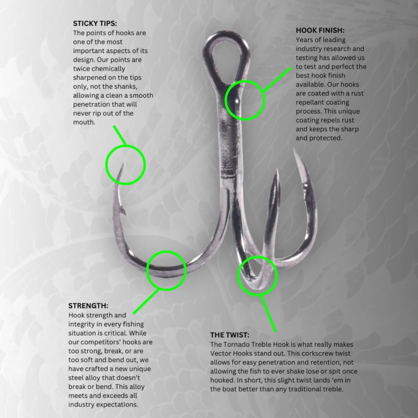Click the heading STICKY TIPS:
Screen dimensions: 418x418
click(x=95, y=24)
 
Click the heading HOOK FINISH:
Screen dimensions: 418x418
click(x=320, y=31)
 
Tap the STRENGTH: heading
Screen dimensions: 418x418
click(x=88, y=305)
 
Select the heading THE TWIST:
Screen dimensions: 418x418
click(x=230, y=335)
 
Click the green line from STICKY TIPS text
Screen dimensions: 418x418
click(x=120, y=135)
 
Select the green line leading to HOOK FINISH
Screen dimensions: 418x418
click(x=277, y=80)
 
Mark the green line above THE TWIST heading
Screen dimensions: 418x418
click(x=268, y=313)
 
